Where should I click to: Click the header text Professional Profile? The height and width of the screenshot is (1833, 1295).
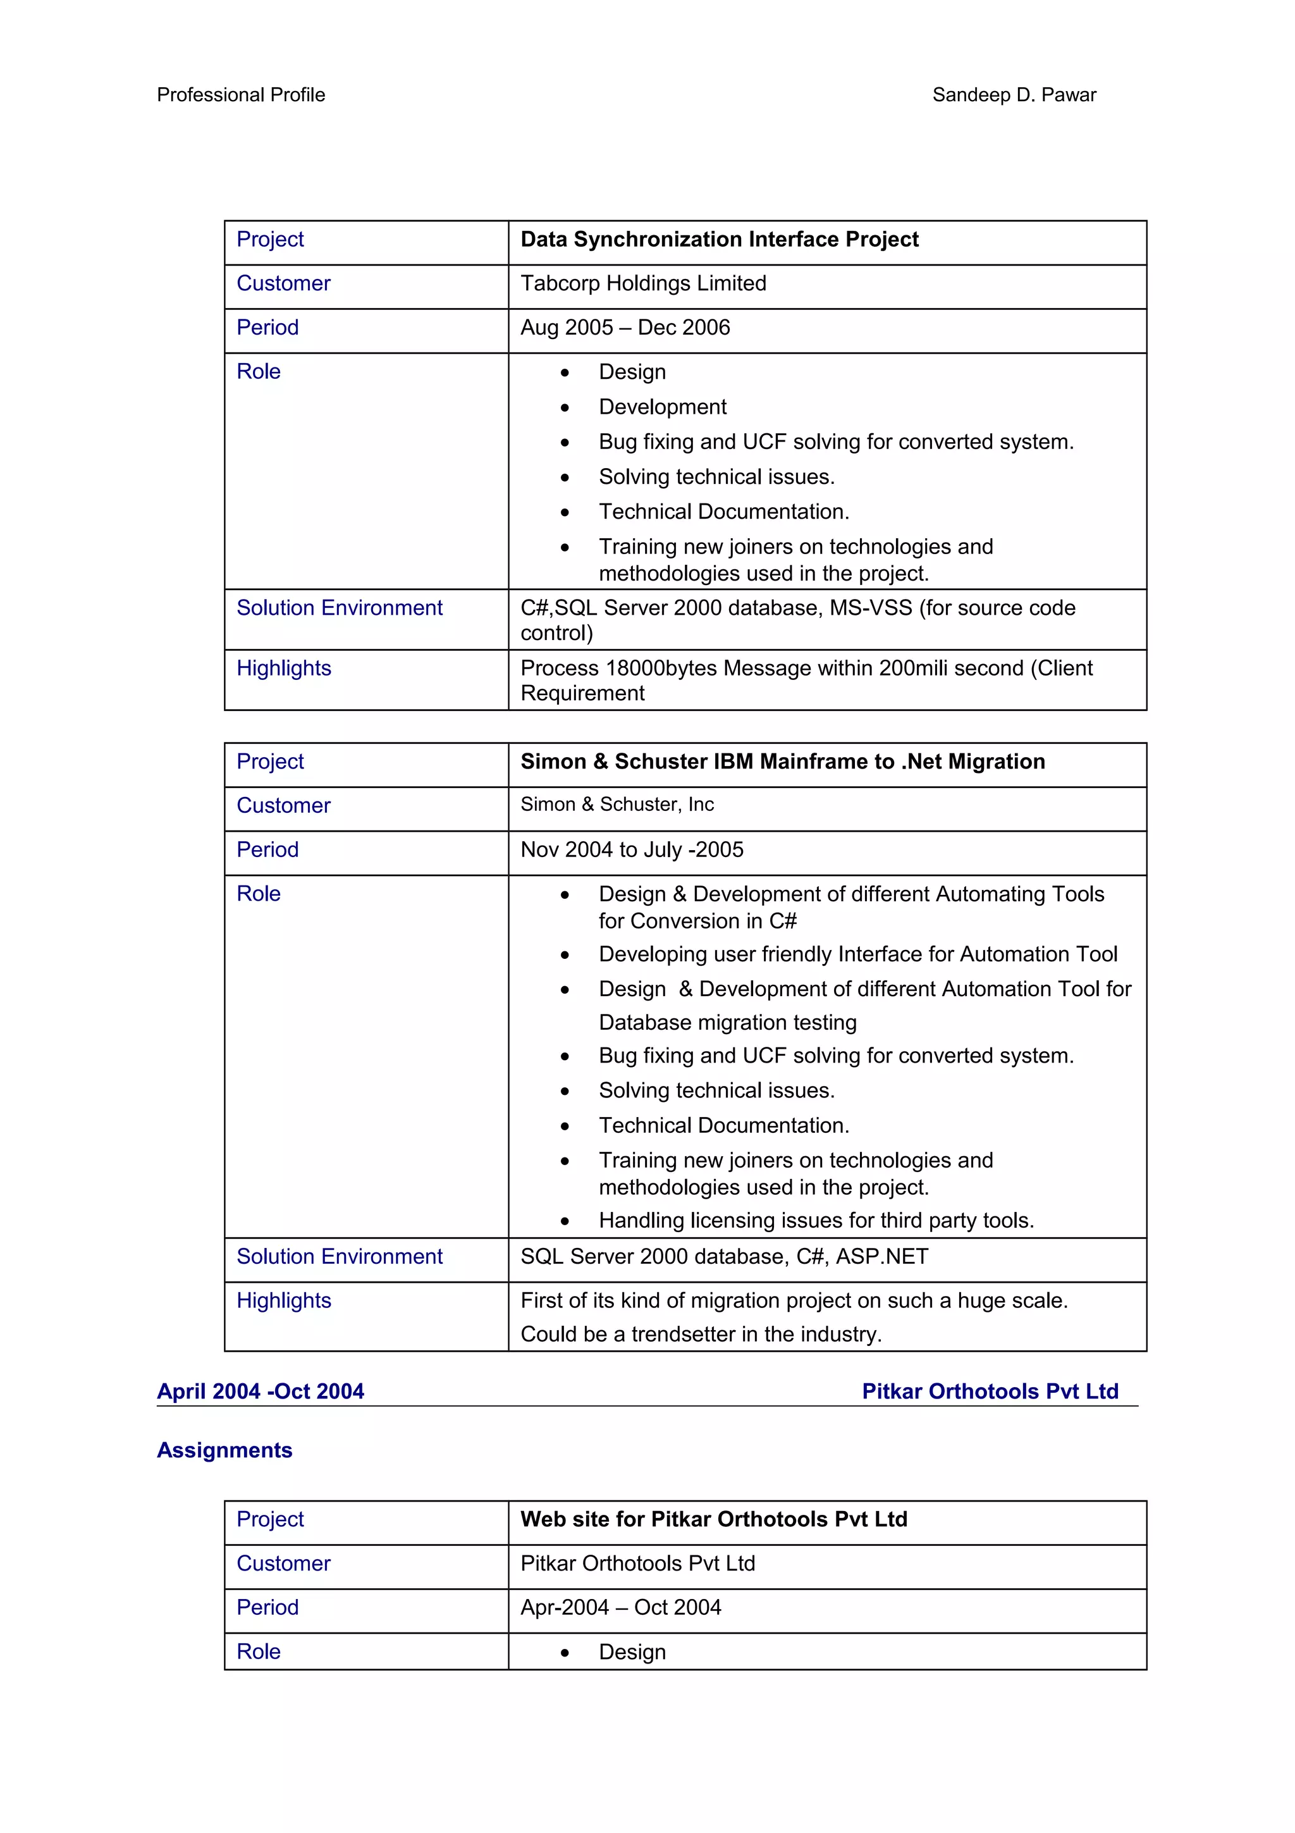241,95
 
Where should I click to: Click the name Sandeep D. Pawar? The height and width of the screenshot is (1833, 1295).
1014,95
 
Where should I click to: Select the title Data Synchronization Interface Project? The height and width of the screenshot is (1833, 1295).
719,240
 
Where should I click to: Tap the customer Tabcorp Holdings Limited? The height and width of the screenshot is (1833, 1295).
643,283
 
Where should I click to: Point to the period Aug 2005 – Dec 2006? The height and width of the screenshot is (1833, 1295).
625,328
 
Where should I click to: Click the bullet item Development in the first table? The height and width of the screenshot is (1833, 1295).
662,407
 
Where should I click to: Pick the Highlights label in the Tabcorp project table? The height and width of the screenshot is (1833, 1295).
284,668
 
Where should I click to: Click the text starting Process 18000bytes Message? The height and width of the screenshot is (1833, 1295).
806,668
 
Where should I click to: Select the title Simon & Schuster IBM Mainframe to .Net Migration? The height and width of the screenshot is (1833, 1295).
782,762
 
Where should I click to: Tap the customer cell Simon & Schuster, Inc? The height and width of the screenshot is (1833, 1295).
617,805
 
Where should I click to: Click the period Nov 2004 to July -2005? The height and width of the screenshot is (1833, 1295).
631,849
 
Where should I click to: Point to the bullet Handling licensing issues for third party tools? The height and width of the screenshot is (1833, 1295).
816,1221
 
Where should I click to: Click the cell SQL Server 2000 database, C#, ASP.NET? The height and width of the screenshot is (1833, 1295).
724,1257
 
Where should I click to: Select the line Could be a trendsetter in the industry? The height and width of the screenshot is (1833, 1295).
701,1334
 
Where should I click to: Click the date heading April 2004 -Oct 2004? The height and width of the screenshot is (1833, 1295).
260,1392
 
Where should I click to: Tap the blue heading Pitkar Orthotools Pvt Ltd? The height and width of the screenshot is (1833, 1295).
990,1392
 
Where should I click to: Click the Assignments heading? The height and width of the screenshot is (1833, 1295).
225,1450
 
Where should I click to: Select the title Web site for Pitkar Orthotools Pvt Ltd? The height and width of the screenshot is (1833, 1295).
713,1519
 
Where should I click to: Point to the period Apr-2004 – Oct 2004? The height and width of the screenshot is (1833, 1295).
620,1607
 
